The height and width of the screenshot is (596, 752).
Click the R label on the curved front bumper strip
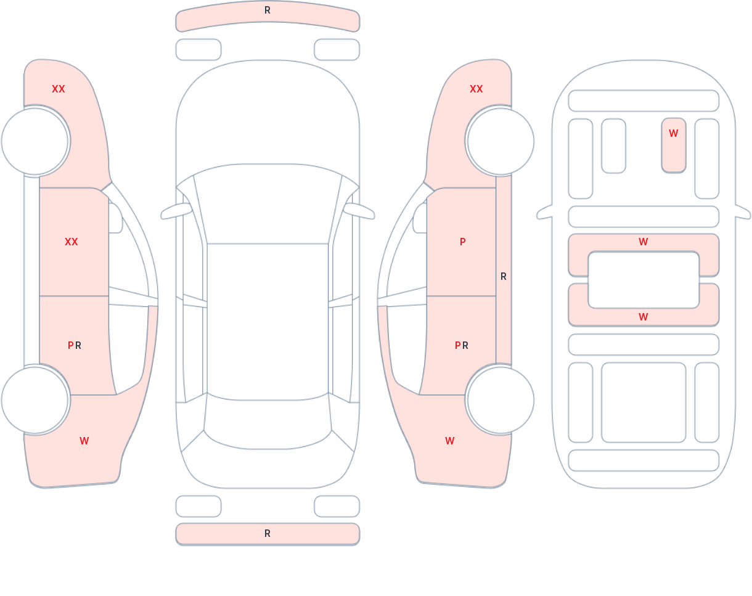pyautogui.click(x=268, y=10)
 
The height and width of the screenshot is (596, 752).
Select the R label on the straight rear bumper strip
pyautogui.click(x=268, y=534)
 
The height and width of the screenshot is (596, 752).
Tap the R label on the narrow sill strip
pyautogui.click(x=503, y=277)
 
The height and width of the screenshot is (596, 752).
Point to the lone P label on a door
pyautogui.click(x=463, y=242)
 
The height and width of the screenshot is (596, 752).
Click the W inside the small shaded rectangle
pyautogui.click(x=673, y=133)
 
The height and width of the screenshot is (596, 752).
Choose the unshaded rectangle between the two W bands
pyautogui.click(x=644, y=280)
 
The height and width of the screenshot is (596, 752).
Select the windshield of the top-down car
pyautogui.click(x=268, y=203)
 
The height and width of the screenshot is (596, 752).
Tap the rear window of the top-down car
pyautogui.click(x=268, y=423)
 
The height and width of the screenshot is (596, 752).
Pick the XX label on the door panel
pyautogui.click(x=72, y=242)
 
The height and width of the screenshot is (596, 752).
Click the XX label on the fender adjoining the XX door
pyautogui.click(x=59, y=89)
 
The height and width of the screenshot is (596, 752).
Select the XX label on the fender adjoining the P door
pyautogui.click(x=476, y=89)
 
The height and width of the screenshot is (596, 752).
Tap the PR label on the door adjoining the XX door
pyautogui.click(x=75, y=346)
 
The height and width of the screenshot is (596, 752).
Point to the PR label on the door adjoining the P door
pyautogui.click(x=461, y=346)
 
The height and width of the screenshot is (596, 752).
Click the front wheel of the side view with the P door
pyautogui.click(x=501, y=142)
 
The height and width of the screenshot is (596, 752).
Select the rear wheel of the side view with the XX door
pyautogui.click(x=35, y=400)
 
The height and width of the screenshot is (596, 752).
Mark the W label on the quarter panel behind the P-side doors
pyautogui.click(x=450, y=441)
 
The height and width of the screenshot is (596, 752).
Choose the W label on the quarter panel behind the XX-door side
pyautogui.click(x=84, y=441)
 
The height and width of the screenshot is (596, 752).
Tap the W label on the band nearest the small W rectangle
pyautogui.click(x=644, y=242)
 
